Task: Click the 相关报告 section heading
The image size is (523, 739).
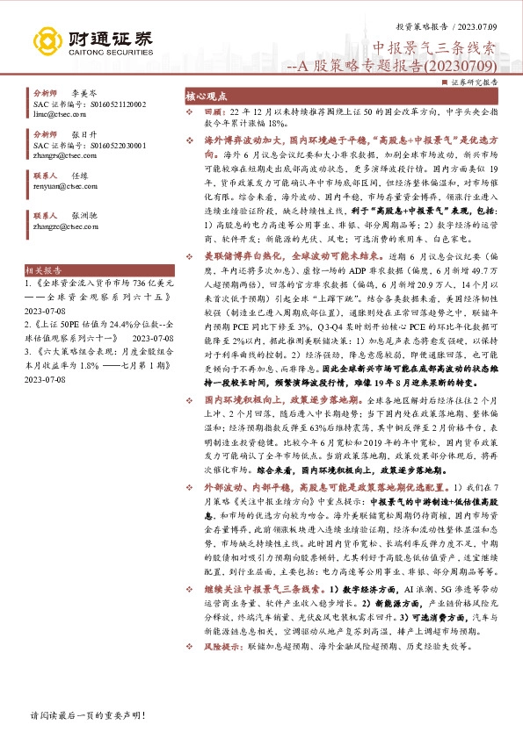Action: pos(45,248)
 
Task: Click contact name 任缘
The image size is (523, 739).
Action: pos(80,175)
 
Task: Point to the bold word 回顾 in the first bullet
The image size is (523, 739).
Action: pos(214,112)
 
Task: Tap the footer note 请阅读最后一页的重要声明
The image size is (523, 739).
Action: pos(80,716)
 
